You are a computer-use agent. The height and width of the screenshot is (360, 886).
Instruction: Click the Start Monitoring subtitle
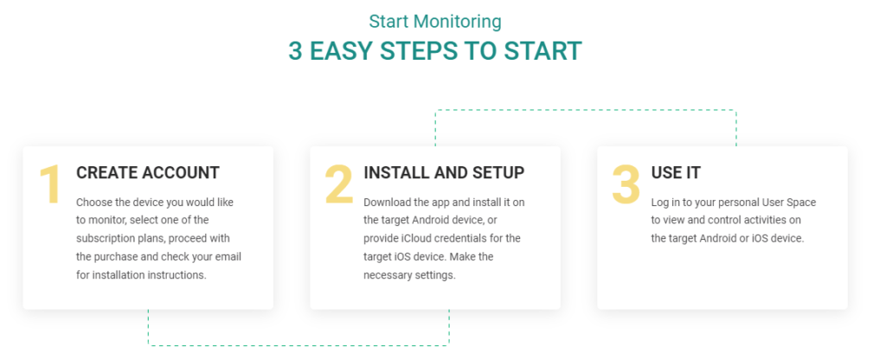point(435,21)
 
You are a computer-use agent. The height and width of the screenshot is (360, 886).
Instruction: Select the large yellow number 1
point(50,186)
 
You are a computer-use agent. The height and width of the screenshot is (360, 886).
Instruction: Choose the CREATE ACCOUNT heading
point(148,173)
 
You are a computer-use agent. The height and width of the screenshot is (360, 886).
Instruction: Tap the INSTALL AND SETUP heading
point(444,173)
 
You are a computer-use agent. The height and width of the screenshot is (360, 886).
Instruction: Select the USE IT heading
point(676,173)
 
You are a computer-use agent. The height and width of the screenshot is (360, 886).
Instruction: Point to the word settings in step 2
point(435,274)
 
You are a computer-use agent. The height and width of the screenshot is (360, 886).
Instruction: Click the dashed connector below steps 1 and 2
point(299,344)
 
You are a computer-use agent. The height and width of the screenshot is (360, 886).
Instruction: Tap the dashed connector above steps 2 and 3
point(585,110)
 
